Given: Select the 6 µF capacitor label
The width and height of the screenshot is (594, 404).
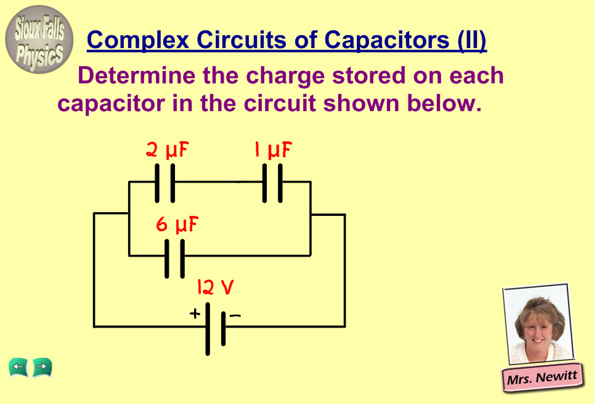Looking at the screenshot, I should (x=177, y=225).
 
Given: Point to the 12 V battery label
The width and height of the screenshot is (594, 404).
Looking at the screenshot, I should (x=215, y=287).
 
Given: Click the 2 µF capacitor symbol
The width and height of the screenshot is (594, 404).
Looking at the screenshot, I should (x=165, y=183).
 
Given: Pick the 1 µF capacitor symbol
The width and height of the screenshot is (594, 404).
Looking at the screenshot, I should (x=272, y=183).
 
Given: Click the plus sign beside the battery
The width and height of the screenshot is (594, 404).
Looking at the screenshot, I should (x=195, y=313).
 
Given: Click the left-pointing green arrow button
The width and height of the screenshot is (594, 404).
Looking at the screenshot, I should (x=18, y=368).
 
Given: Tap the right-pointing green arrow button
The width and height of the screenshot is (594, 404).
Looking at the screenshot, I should (x=42, y=368).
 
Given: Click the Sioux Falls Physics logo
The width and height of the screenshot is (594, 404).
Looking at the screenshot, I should (x=39, y=39).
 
